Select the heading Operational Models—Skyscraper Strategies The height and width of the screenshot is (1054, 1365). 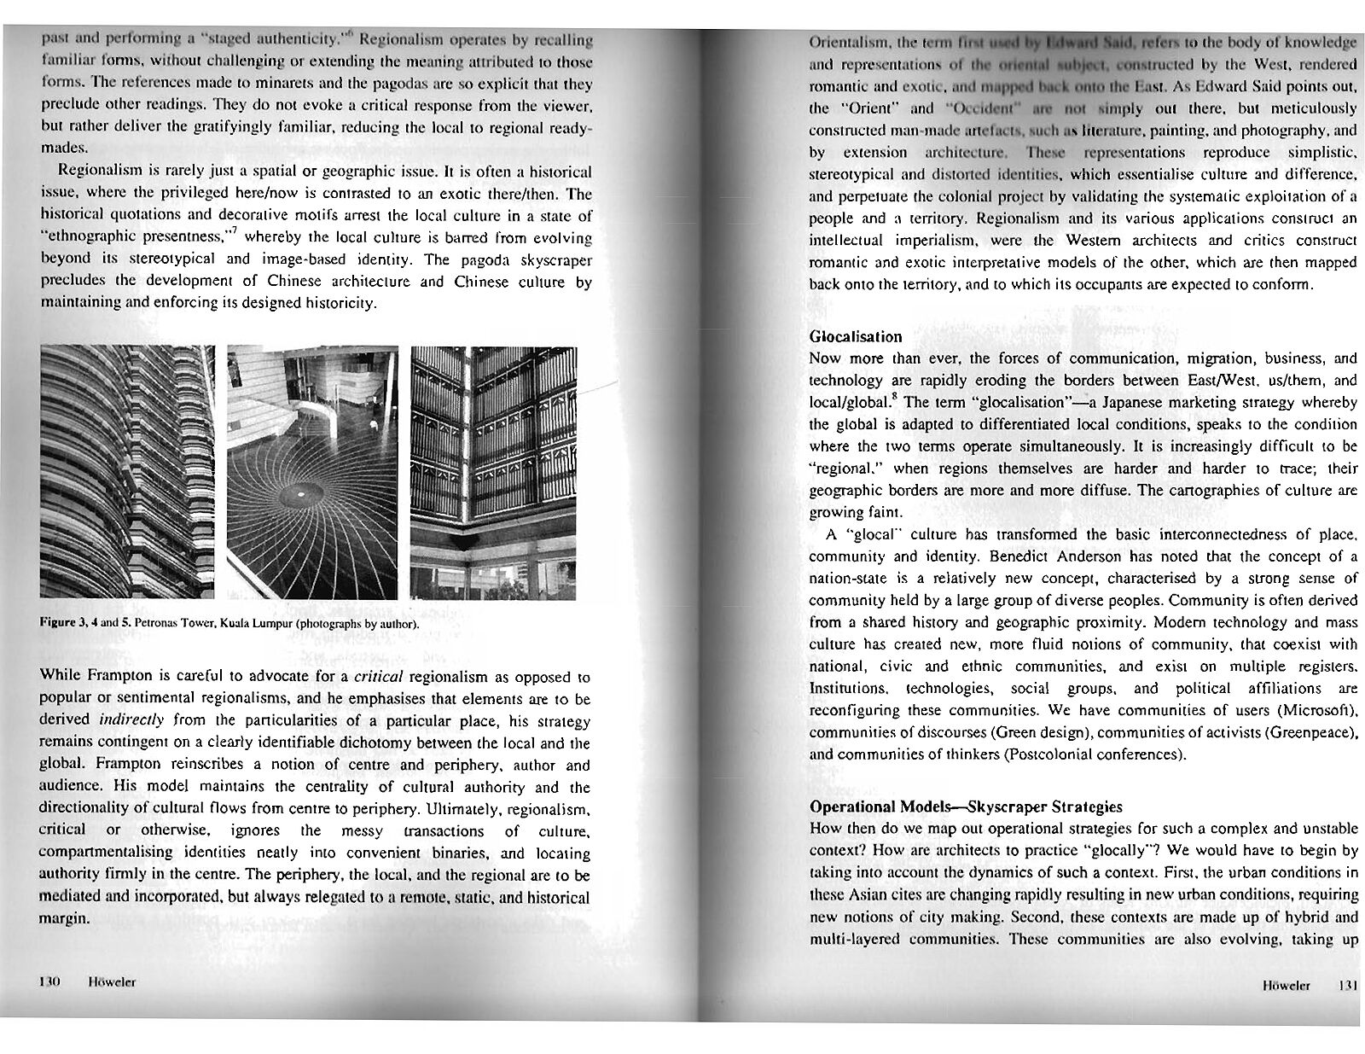click(x=965, y=806)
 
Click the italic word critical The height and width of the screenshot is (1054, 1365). click(x=378, y=677)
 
